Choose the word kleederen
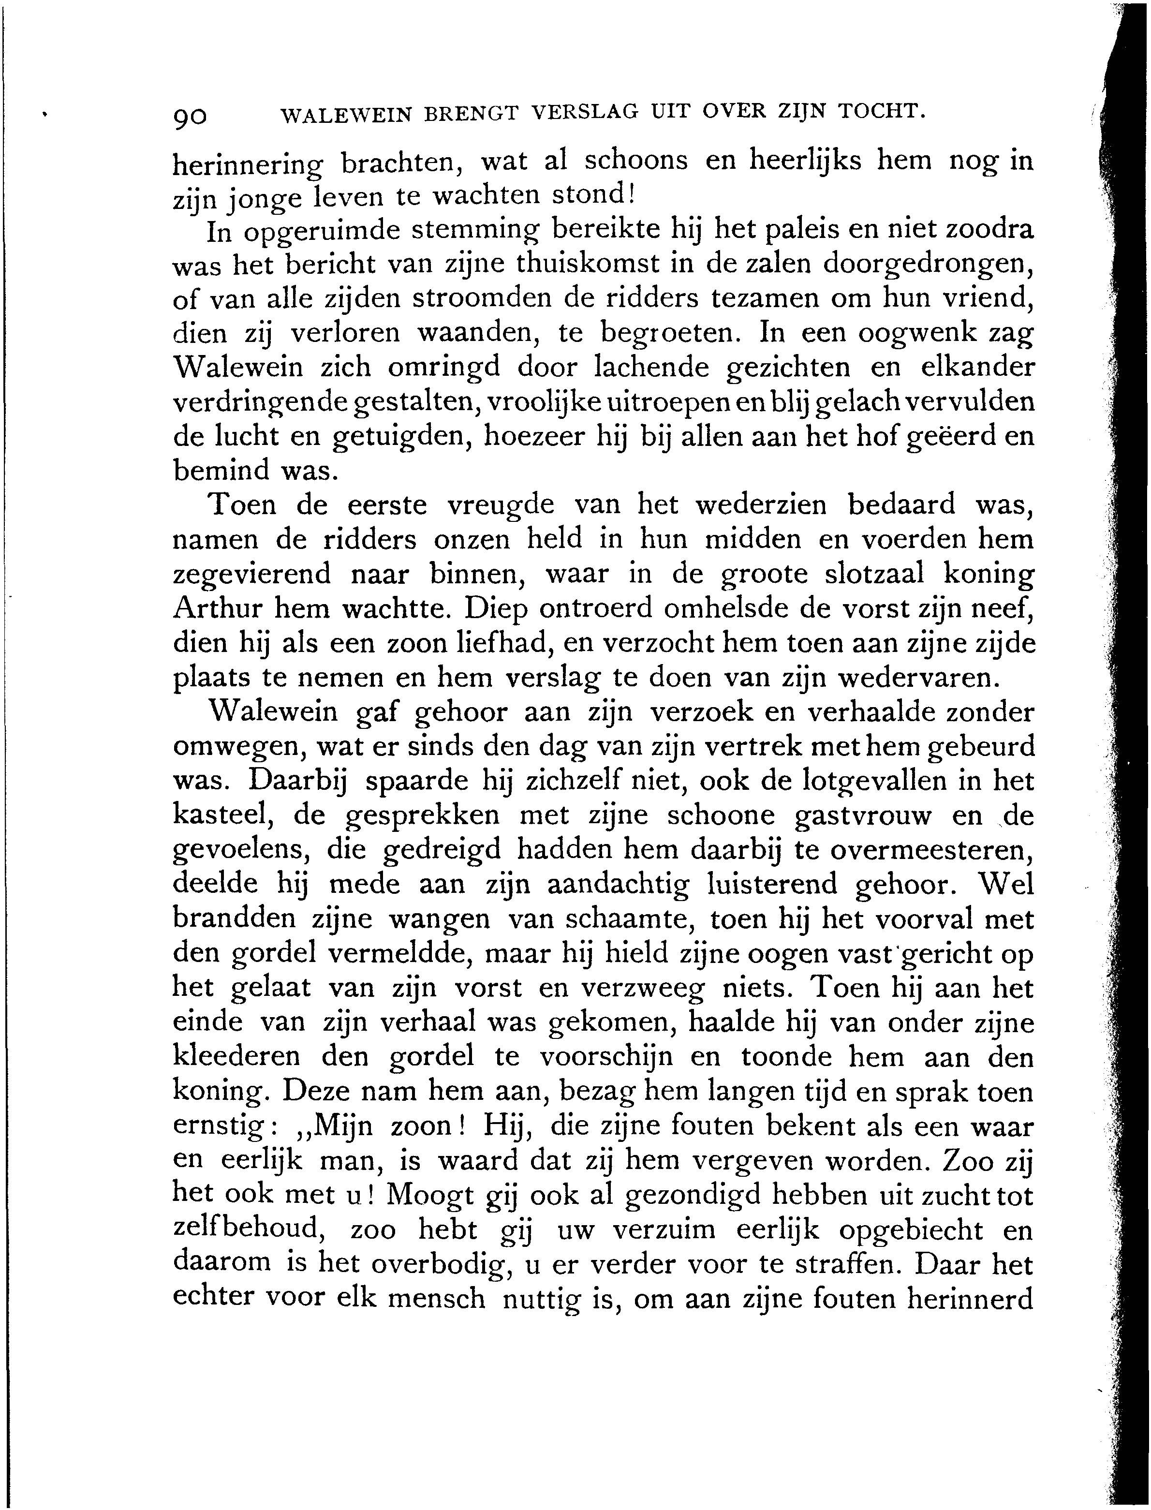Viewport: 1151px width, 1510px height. pyautogui.click(x=236, y=1057)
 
